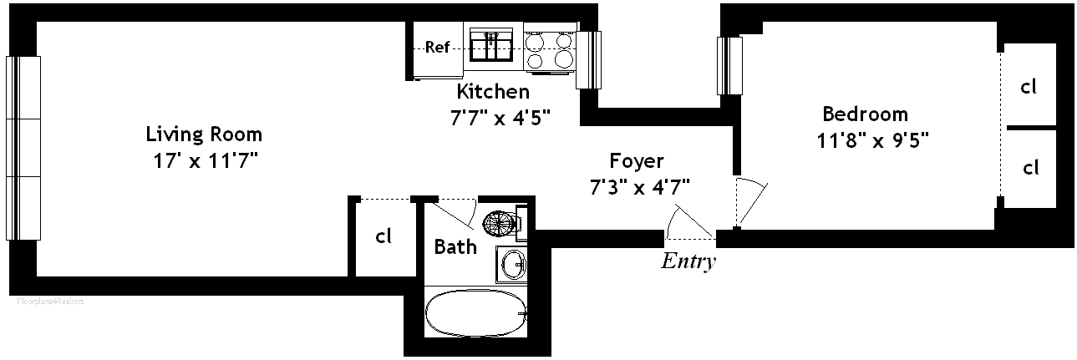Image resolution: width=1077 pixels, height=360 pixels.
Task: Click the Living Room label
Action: [x=204, y=134]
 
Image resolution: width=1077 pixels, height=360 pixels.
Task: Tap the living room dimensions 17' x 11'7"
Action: [x=204, y=160]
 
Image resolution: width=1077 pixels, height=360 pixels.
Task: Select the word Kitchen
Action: [x=493, y=91]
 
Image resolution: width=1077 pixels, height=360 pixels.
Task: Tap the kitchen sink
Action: [x=491, y=45]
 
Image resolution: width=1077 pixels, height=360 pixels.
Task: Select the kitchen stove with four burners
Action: [x=550, y=50]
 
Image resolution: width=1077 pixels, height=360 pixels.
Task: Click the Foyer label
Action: [x=636, y=160]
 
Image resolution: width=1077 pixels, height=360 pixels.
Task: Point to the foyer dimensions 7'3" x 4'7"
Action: [x=640, y=186]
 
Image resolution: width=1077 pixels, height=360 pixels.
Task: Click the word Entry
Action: [x=688, y=261]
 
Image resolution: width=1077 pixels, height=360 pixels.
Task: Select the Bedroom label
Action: [x=865, y=114]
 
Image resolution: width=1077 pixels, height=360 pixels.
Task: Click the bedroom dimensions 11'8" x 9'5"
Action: [x=873, y=139]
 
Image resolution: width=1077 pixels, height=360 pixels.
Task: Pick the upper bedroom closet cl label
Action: [x=1029, y=85]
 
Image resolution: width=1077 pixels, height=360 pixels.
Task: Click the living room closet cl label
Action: [x=384, y=236]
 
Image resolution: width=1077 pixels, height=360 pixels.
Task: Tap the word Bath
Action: [x=455, y=246]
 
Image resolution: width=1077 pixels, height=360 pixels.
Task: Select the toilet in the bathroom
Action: [x=503, y=221]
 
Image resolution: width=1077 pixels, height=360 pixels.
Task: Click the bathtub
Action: [x=475, y=313]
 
